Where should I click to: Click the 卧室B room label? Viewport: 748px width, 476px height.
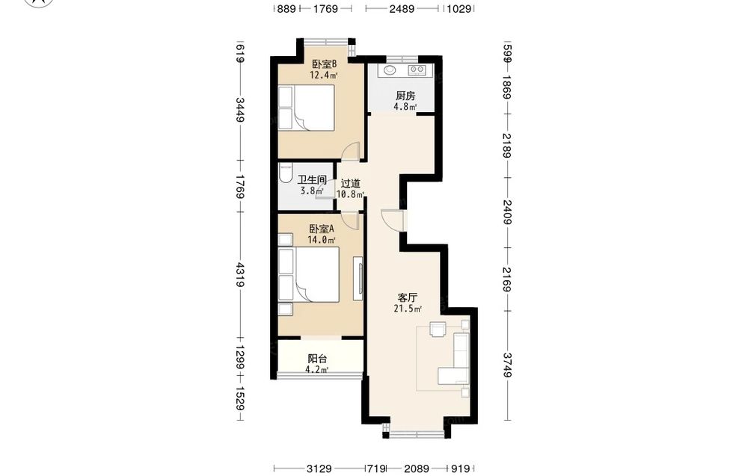pos(325,64)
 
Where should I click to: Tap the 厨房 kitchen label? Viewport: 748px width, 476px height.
pos(405,96)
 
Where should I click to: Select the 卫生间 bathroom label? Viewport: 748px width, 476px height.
pos(312,180)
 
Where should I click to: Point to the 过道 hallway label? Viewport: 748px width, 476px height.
pos(351,183)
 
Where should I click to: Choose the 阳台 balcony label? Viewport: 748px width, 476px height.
pos(317,359)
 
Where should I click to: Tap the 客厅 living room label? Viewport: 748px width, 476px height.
pos(408,298)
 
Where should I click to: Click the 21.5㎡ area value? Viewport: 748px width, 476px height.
pos(408,309)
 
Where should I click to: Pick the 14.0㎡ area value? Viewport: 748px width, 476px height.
pos(321,240)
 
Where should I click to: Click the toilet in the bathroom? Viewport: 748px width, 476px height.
pos(285,173)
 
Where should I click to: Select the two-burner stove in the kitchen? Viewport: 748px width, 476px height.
pos(417,70)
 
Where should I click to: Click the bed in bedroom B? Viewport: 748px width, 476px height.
pos(306,108)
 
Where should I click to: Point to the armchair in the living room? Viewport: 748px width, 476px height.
pos(438,330)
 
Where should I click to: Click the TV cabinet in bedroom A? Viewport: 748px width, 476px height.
pos(358,279)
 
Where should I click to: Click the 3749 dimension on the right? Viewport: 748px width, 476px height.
pos(508,365)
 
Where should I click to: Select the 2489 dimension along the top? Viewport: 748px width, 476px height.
pos(402,8)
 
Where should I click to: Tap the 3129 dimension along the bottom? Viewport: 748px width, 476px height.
pos(319,469)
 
